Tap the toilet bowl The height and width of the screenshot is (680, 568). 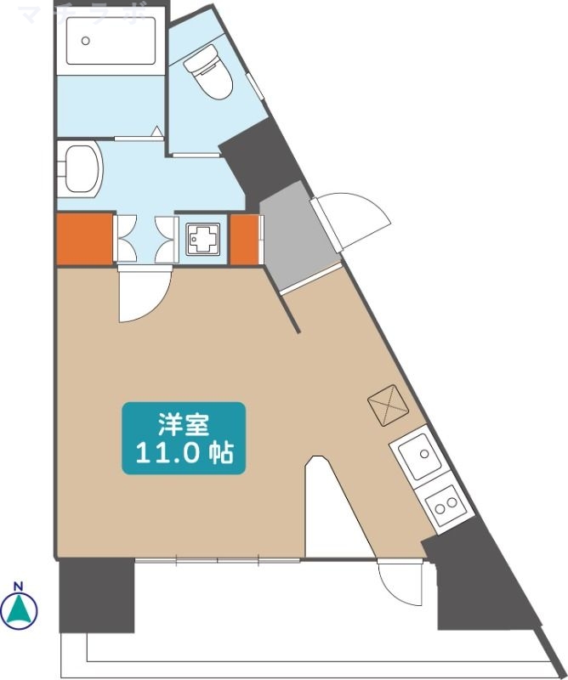click(x=207, y=74)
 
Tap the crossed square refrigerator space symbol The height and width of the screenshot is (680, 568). click(x=388, y=404)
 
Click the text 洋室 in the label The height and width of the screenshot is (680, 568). click(x=184, y=423)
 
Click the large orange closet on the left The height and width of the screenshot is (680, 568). click(x=85, y=239)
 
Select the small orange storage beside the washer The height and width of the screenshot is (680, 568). click(x=244, y=239)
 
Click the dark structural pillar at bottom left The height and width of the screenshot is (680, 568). click(x=95, y=595)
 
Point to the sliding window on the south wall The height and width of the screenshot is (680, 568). click(x=217, y=559)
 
